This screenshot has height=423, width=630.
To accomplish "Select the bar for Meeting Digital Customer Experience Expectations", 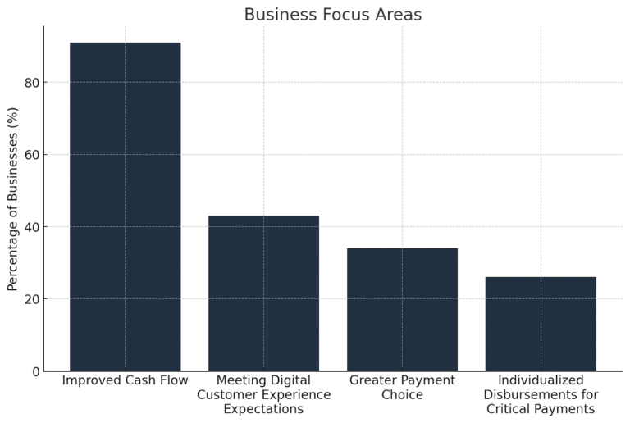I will pos(263,293).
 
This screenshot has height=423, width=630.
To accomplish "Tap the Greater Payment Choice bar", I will pos(402,310).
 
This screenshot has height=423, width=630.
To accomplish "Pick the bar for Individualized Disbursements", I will pos(541,324).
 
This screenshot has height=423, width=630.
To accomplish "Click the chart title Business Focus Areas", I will pos(333,15).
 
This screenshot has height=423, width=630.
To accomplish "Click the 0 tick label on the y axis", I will pos(35,371).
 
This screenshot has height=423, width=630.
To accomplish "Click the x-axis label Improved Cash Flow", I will pos(125,381).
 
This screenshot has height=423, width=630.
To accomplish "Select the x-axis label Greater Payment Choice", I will pos(402,388).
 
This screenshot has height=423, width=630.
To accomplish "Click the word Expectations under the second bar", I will pos(263,409).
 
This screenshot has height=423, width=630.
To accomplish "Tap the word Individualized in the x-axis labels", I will pos(541,381).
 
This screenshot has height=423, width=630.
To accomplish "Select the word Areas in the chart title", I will pos(395,15).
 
